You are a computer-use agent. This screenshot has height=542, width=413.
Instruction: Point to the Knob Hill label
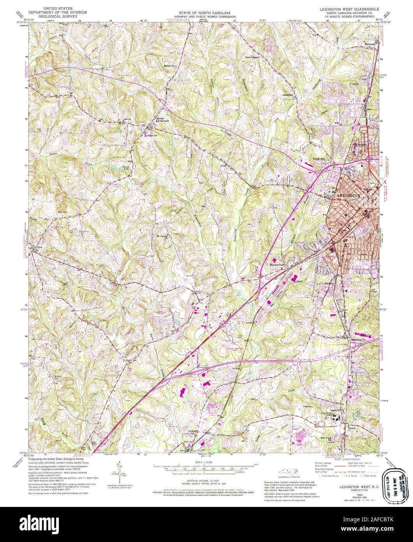click(319, 159)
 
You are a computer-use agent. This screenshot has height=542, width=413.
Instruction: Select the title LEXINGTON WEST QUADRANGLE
click(348, 8)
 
